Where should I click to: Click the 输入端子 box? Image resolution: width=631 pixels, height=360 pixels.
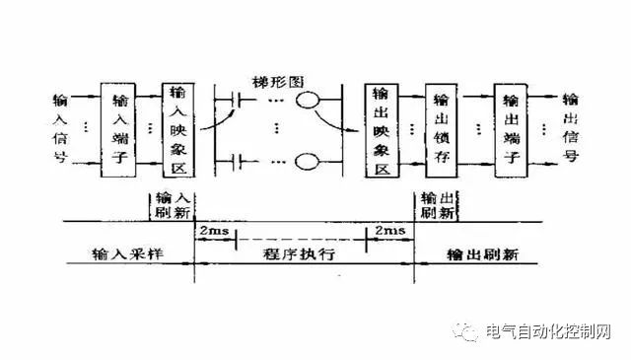coord(120,128)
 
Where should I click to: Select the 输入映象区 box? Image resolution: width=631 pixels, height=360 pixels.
coord(178,128)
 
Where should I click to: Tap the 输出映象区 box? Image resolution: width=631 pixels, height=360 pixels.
coord(380,128)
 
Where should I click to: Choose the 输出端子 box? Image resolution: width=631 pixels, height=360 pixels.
coord(510,128)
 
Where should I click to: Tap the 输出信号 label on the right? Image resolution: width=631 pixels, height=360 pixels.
coord(570,128)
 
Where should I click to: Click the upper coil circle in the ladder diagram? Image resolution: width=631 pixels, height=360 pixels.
coord(311,100)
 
